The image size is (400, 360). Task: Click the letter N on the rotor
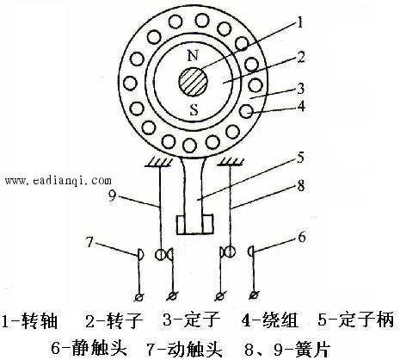[x=193, y=55]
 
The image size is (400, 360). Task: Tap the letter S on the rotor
[x=194, y=109]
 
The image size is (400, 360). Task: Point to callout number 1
[x=300, y=22]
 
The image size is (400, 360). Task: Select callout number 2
[x=301, y=57]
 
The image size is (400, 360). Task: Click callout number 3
[x=301, y=89]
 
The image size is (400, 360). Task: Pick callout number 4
[x=301, y=106]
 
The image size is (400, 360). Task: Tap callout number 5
[x=300, y=158]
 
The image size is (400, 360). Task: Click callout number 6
[x=302, y=238]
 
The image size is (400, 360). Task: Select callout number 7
[x=89, y=242]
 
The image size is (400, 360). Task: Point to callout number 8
[x=301, y=186]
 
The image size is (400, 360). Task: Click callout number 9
[x=113, y=196]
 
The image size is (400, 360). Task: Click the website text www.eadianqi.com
[x=58, y=181]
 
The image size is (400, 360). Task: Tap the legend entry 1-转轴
[x=30, y=320]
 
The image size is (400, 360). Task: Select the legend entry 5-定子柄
[x=356, y=320]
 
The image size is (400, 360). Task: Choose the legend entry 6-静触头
[x=89, y=348]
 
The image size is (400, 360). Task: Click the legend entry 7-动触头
[x=185, y=348]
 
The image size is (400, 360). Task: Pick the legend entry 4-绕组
[x=270, y=320]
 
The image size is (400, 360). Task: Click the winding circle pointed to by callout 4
[x=247, y=111]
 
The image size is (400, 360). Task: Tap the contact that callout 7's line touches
[x=140, y=254]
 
